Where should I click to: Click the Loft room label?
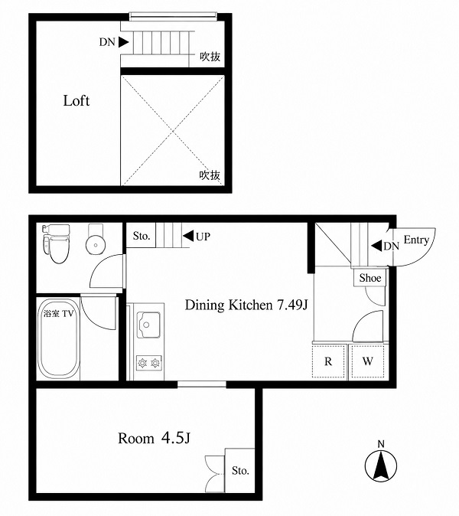(x=76, y=101)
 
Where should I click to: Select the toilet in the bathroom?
(x=57, y=244)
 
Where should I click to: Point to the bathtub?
(x=59, y=338)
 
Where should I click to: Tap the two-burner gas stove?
(x=149, y=363)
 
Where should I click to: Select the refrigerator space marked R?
(x=328, y=361)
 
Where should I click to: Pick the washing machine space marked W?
(x=368, y=361)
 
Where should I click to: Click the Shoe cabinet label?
(x=370, y=278)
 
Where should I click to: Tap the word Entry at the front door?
(x=416, y=240)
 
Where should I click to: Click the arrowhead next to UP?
(x=188, y=236)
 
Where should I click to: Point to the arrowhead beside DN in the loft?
(x=123, y=42)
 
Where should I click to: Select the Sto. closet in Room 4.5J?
(x=240, y=470)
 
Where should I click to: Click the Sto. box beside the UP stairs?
(x=142, y=236)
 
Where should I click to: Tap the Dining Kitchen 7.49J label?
(x=246, y=305)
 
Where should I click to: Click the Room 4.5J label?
(x=154, y=438)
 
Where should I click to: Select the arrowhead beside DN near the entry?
(x=376, y=246)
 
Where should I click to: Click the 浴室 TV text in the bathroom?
(x=59, y=314)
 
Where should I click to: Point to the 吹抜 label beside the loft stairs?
(x=210, y=57)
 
